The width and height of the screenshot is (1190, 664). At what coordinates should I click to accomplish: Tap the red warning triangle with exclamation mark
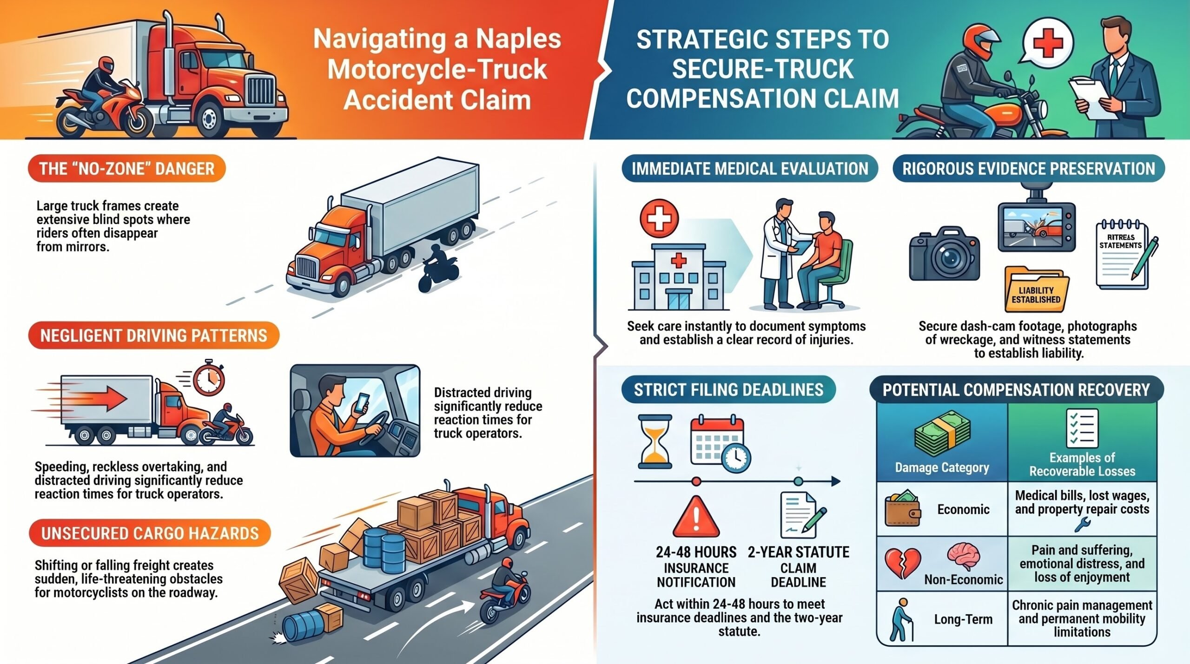tap(696, 517)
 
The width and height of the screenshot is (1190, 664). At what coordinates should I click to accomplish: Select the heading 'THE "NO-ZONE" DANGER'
tap(126, 168)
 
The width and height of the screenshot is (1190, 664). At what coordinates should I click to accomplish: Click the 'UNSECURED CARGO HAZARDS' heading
tap(150, 533)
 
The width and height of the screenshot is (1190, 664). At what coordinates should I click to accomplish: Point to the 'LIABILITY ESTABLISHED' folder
tap(1036, 289)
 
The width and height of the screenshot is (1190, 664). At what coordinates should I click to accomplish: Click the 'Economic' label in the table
tap(963, 509)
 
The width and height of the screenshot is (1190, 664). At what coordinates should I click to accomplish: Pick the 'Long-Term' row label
tap(963, 619)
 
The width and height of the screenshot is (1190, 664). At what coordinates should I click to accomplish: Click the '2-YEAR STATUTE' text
tap(799, 552)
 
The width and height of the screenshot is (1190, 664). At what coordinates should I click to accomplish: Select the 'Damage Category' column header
tap(942, 467)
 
